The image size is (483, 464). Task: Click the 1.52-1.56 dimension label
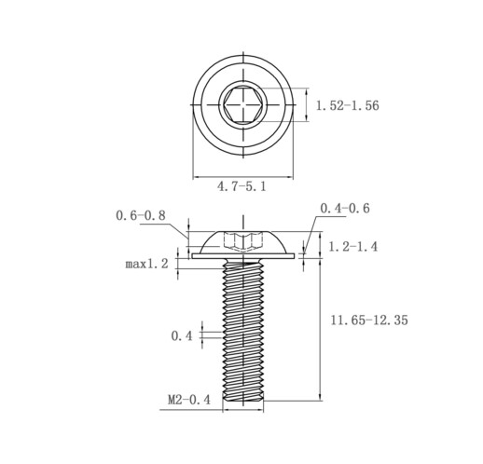pyautogui.click(x=348, y=105)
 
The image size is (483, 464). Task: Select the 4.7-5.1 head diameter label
pyautogui.click(x=241, y=186)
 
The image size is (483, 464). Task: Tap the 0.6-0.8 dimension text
pyautogui.click(x=141, y=215)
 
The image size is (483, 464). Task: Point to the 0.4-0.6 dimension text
pyautogui.click(x=345, y=208)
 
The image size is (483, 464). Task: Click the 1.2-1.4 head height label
pyautogui.click(x=353, y=247)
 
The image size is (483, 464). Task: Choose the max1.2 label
pyautogui.click(x=146, y=264)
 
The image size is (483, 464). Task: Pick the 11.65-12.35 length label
pyautogui.click(x=369, y=320)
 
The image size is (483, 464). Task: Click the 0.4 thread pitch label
pyautogui.click(x=182, y=335)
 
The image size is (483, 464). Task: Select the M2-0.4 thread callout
pyautogui.click(x=189, y=400)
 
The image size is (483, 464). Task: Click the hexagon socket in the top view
pyautogui.click(x=243, y=105)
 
